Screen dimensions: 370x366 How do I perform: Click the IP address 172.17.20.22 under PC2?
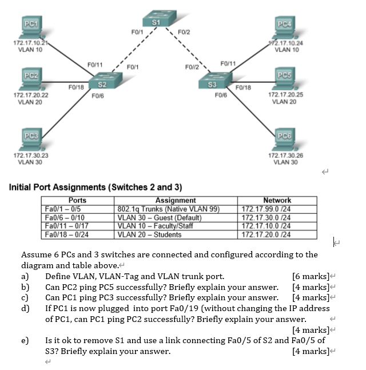tap(30, 95)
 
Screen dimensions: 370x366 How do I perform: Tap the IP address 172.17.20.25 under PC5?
tap(285, 95)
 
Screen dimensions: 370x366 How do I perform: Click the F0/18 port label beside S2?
tap(76, 87)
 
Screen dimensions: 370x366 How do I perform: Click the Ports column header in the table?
tap(78, 200)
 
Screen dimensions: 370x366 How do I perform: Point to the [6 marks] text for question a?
tap(311, 277)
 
